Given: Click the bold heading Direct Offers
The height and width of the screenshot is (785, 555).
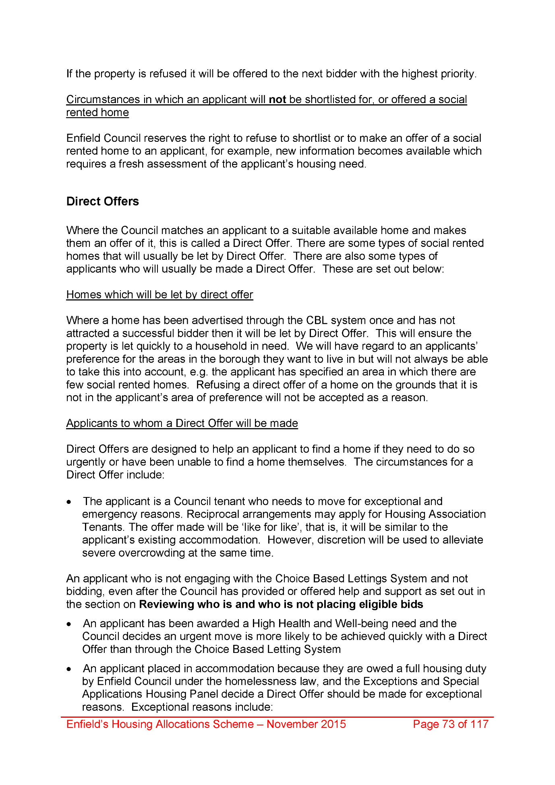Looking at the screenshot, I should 102,201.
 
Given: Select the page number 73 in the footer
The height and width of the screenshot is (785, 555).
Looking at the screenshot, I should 448,724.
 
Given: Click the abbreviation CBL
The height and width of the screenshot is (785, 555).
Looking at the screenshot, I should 317,320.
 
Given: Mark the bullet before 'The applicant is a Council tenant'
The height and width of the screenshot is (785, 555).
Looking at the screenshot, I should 70,502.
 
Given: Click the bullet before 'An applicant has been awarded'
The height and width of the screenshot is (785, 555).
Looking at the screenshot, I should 70,624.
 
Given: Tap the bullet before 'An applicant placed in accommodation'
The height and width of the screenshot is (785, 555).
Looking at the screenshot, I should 70,669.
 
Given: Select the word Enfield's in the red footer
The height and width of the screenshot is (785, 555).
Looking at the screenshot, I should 87,724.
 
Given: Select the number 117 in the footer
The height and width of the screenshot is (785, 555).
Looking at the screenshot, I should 479,724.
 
